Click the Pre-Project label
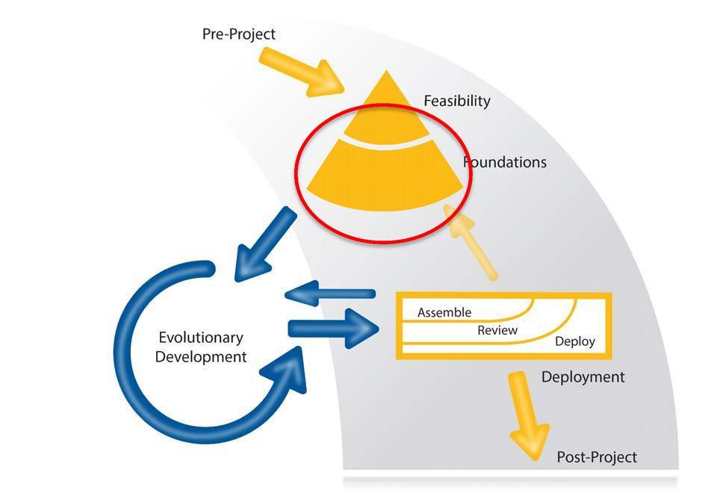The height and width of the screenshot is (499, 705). pos(238,34)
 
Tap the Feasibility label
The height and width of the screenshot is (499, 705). pos(456,101)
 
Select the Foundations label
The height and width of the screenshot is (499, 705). pos(506,162)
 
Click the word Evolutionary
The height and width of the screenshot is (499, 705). pos(200,338)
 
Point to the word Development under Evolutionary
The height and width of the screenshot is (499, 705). pos(200,357)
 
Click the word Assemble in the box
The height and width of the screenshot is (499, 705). pos(444,312)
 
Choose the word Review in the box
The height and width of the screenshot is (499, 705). pos(497,329)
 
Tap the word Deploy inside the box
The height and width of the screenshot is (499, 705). pos(575,341)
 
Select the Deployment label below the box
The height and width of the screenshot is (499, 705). pos(583,376)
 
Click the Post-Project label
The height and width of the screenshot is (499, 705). pos(597,457)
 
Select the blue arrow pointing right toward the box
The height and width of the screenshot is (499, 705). pos(332,328)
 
